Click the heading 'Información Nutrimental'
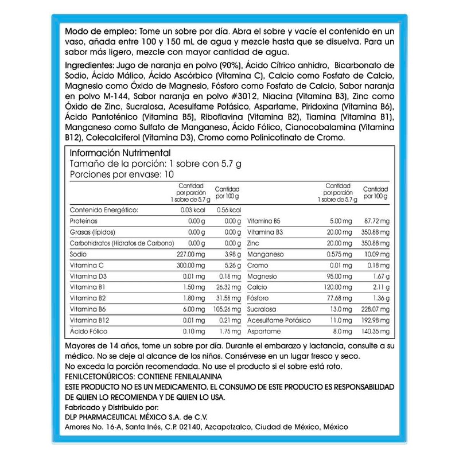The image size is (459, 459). click(x=120, y=153)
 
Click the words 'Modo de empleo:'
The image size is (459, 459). click(x=100, y=30)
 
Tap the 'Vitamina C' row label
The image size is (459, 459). click(x=86, y=265)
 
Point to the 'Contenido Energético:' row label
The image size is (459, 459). click(x=104, y=210)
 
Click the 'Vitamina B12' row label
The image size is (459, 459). click(x=90, y=320)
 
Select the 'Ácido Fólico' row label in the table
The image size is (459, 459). click(x=87, y=332)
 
